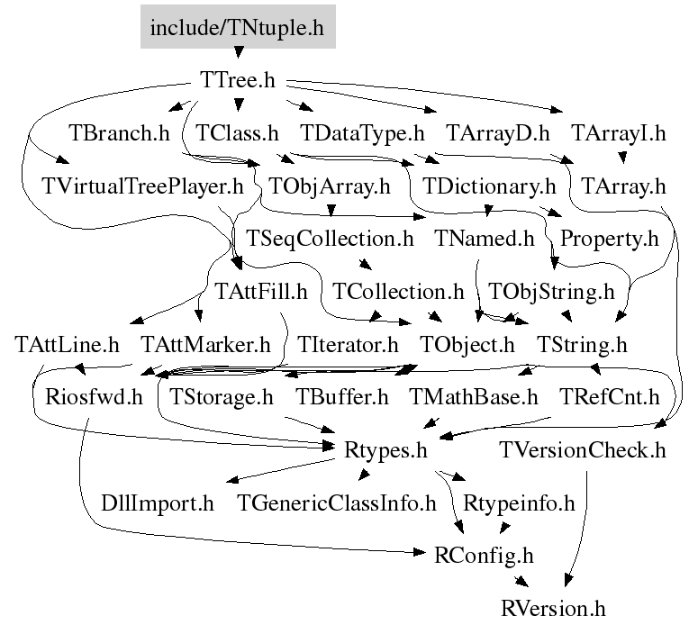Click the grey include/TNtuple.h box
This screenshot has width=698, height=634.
[238, 27]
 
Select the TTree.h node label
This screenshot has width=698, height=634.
[238, 80]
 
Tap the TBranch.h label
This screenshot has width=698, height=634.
[119, 134]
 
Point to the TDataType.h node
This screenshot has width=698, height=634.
[362, 134]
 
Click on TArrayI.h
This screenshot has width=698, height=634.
[619, 134]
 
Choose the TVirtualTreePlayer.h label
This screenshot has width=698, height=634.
[142, 187]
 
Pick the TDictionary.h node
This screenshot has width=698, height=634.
[478, 187]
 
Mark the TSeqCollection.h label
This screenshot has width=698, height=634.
[330, 240]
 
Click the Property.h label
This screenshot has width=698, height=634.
[610, 240]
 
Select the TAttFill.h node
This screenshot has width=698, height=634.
[261, 292]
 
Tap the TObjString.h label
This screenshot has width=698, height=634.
[550, 292]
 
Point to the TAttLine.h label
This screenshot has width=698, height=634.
[68, 344]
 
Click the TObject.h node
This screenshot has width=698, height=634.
[467, 344]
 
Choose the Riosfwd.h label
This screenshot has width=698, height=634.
[87, 396]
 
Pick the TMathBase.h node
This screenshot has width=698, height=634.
[474, 396]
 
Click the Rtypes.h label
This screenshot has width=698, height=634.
[385, 449]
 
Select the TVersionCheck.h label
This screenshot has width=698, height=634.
[583, 449]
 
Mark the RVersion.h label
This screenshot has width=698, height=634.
[553, 608]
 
